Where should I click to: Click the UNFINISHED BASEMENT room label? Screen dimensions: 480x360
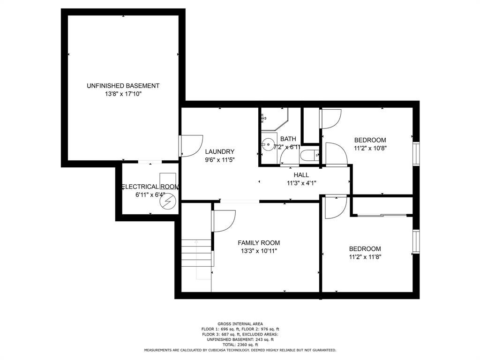tap(123, 86)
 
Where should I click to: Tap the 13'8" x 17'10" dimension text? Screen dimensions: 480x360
tap(123, 94)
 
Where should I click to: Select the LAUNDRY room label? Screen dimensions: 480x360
tap(220, 151)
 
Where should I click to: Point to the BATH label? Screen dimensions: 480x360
tap(288, 139)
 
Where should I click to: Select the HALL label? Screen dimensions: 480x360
tap(301, 175)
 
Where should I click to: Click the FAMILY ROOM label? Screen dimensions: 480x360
tap(259, 243)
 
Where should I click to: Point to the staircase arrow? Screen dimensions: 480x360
tap(196, 260)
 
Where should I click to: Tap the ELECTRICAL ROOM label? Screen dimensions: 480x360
tap(150, 187)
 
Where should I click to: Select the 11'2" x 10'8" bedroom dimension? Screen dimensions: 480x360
tap(370, 149)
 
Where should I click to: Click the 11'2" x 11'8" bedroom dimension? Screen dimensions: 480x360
tap(365, 257)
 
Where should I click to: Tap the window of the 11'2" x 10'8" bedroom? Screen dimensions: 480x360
tap(416, 154)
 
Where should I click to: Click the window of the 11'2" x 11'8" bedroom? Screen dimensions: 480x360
tap(416, 242)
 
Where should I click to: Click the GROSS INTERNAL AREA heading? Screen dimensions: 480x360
tap(240, 324)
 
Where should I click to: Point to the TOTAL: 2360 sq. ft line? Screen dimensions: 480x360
tap(240, 345)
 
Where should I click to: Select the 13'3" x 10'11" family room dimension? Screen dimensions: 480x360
tap(259, 251)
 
